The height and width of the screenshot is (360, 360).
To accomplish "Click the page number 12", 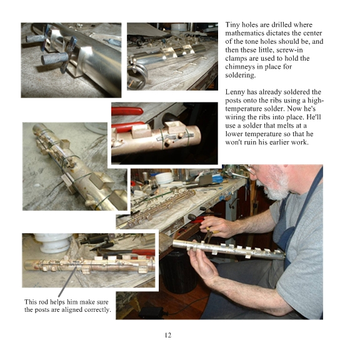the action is pos(168,335).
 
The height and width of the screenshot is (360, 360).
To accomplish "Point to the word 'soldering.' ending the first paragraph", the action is pos(240,75).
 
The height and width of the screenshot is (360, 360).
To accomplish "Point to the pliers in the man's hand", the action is pos(209,234).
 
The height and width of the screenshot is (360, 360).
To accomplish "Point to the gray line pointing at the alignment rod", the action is pos(67,281).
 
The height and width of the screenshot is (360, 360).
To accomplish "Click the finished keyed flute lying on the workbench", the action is pos(161,207).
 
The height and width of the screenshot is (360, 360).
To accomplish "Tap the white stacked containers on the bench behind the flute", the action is pos(164,178).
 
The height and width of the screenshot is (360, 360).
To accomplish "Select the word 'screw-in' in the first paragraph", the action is pos(289,50).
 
